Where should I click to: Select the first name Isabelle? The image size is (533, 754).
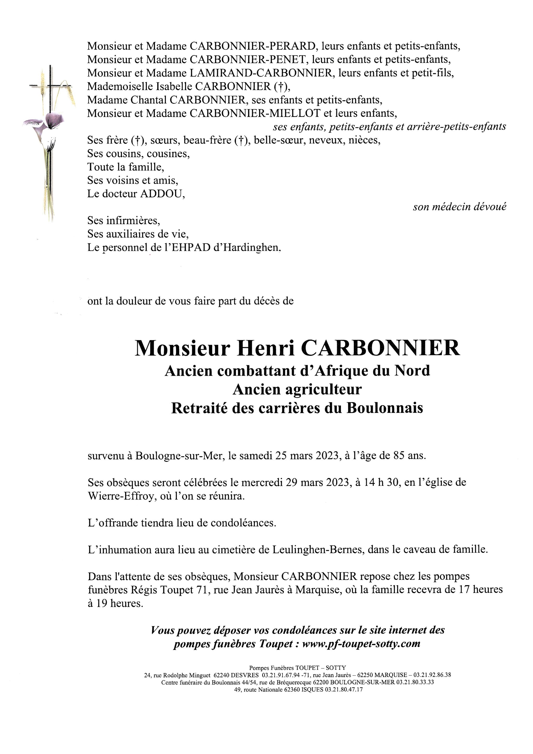tap(174, 86)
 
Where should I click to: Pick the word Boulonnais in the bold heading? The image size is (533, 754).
tap(385, 408)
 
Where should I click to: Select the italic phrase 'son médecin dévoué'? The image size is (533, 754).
tap(459, 207)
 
